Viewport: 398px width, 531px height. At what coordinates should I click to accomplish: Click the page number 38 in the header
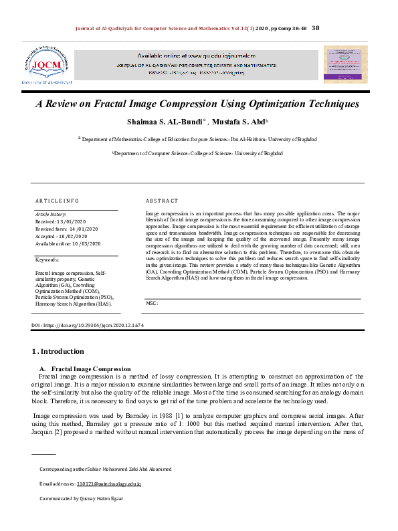tap(316, 27)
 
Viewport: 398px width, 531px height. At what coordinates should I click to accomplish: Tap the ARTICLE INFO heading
tap(57, 201)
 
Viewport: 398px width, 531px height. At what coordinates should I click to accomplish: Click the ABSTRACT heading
tap(162, 201)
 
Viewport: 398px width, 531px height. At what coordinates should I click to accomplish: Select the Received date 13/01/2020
tap(78, 221)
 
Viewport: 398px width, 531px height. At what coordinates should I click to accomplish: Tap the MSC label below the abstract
tap(151, 304)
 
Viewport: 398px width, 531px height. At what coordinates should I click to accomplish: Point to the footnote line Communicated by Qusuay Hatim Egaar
tap(81, 499)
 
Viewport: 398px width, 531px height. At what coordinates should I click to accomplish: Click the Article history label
tap(50, 213)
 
